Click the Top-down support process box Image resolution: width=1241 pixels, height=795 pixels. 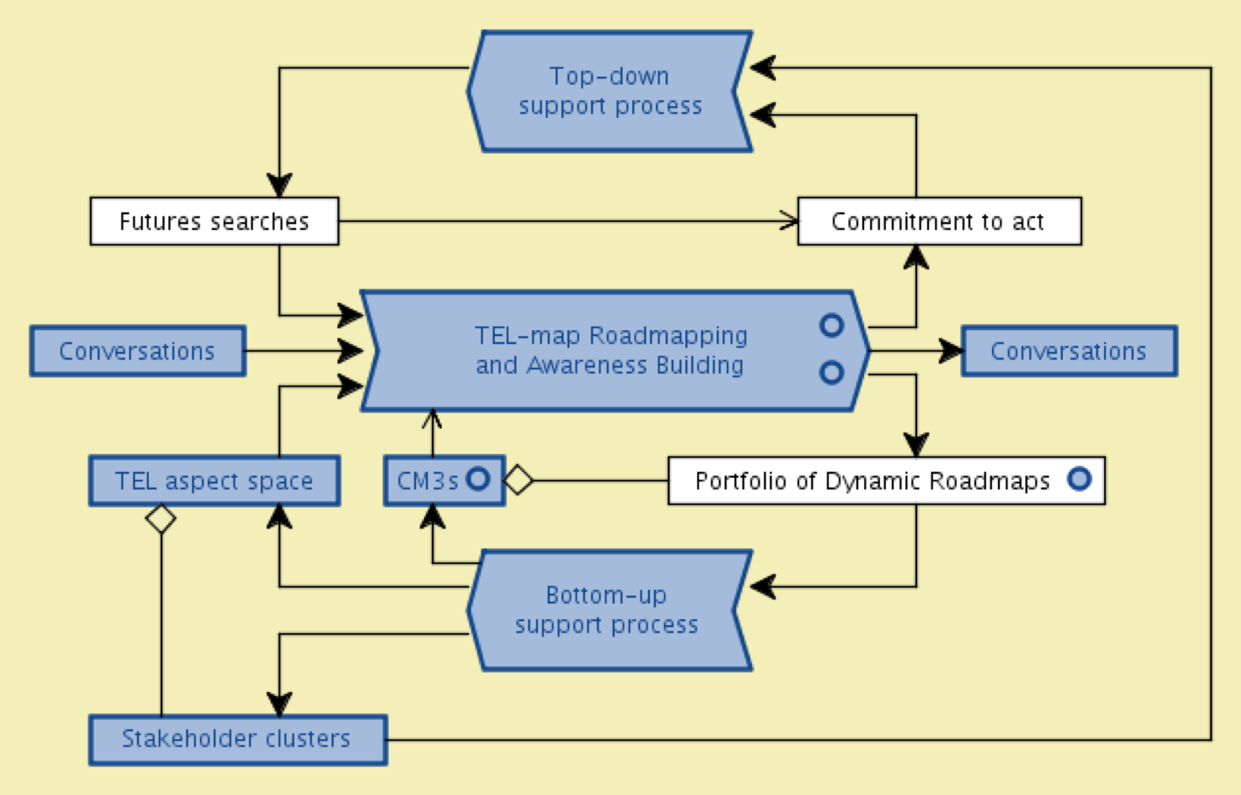[x=610, y=91]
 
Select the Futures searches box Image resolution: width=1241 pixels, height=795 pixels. [x=215, y=221]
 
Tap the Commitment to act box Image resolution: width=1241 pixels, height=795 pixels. [x=939, y=221]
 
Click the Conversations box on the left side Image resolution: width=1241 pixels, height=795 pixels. [x=138, y=351]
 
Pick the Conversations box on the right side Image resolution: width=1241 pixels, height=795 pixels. [x=1069, y=351]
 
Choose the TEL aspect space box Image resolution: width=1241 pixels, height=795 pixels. [x=215, y=481]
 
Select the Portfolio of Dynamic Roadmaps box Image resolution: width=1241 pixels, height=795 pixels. [x=873, y=481]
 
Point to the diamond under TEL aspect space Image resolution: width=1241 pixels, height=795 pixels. [x=161, y=519]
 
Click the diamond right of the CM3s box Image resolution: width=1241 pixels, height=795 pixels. [x=518, y=480]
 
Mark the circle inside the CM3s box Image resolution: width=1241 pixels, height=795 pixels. [x=478, y=478]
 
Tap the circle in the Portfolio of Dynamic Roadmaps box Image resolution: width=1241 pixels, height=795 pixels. [x=1079, y=478]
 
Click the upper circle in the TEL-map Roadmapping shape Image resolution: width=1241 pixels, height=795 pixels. [x=832, y=326]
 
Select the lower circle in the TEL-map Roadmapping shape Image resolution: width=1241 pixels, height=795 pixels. [x=832, y=373]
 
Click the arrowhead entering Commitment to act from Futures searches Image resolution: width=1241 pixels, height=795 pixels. [x=790, y=221]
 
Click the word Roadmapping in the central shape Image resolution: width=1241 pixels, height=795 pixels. [x=668, y=336]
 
